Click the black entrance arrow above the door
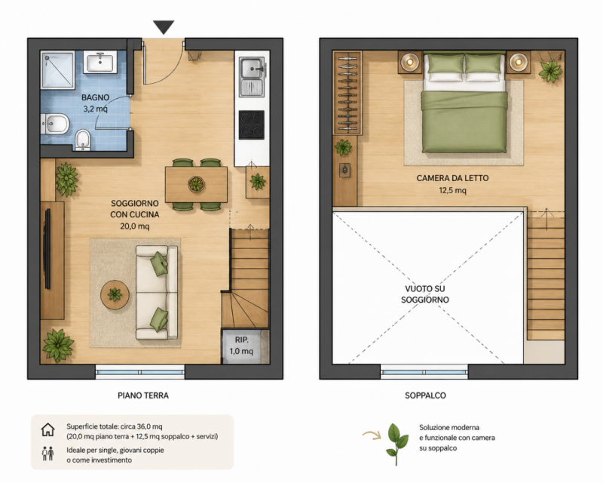(164, 27)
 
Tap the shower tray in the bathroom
(58, 70)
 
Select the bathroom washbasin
(100, 63)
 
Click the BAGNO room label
(96, 97)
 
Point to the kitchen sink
(253, 77)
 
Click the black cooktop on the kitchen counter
(252, 125)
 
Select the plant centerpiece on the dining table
(196, 184)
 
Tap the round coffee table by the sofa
(115, 294)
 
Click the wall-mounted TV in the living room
(47, 248)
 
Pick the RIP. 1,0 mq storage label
(241, 346)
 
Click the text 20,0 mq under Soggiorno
(135, 226)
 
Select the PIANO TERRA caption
(143, 395)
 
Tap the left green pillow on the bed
(445, 63)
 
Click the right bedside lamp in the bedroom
(519, 62)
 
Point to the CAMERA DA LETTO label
(453, 178)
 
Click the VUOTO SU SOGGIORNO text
(424, 294)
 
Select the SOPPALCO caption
(425, 395)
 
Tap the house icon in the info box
(48, 429)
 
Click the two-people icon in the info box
(48, 454)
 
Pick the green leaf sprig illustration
(397, 444)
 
